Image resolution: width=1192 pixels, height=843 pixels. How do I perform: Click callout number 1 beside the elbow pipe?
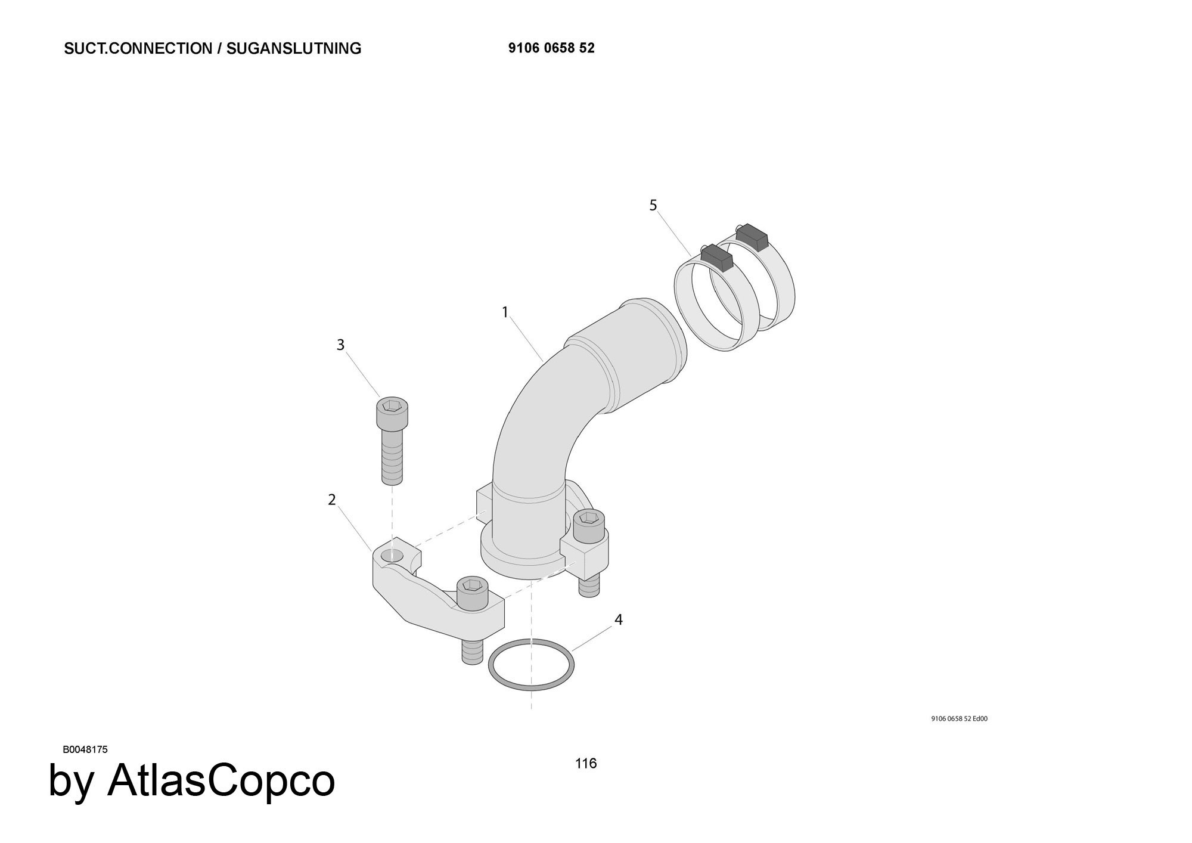point(505,312)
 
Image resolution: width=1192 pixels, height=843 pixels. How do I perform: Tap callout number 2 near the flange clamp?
point(332,500)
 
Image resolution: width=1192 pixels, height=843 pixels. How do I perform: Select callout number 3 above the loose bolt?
point(340,345)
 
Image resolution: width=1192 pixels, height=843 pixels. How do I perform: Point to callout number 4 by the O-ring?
point(619,620)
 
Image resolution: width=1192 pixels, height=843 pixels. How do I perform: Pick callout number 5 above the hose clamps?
point(653,206)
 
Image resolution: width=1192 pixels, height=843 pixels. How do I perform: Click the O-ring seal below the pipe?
point(532,665)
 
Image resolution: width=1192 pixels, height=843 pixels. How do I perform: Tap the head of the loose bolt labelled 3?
point(392,413)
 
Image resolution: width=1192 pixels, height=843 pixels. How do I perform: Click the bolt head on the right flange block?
point(589,526)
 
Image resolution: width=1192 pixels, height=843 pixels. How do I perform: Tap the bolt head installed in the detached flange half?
point(473,594)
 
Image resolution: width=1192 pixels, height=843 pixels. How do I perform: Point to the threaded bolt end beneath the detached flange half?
point(472,652)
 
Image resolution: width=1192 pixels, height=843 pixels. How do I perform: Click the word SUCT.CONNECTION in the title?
point(138,48)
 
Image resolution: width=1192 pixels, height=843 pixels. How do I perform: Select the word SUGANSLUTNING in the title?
point(294,48)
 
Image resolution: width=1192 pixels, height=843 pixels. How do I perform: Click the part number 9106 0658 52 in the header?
point(551,48)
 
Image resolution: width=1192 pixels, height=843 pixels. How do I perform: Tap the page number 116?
point(586,763)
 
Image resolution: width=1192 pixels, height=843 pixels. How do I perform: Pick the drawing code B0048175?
point(85,749)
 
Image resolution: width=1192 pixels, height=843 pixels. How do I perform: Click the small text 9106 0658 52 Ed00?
point(959,718)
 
